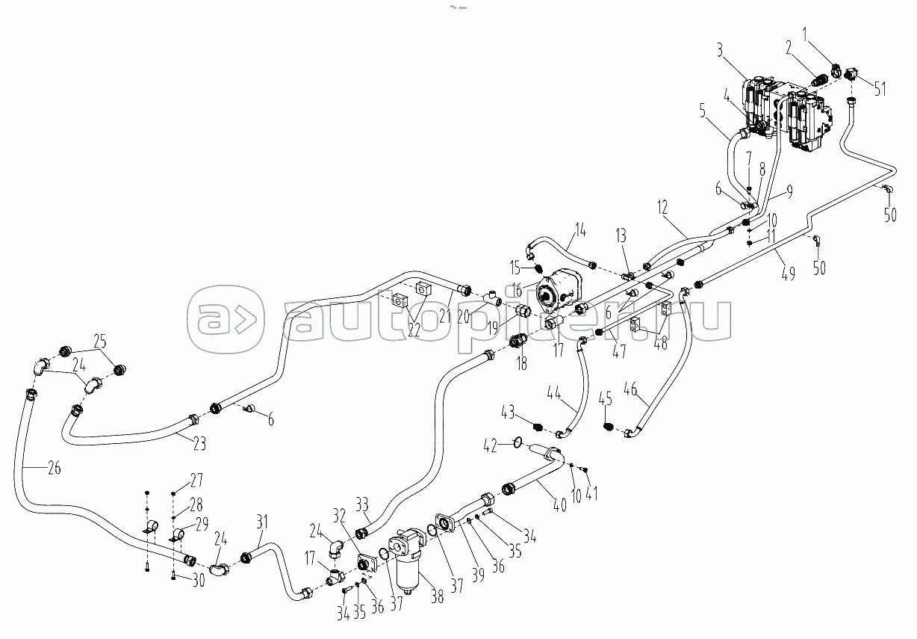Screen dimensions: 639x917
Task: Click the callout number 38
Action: (x=437, y=596)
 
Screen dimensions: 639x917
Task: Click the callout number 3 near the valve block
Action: (x=719, y=52)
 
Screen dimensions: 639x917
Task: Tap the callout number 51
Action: (x=880, y=90)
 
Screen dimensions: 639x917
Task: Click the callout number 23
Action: (x=199, y=442)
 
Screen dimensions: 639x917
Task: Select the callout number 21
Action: (x=446, y=316)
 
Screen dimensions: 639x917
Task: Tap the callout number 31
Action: (x=261, y=520)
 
